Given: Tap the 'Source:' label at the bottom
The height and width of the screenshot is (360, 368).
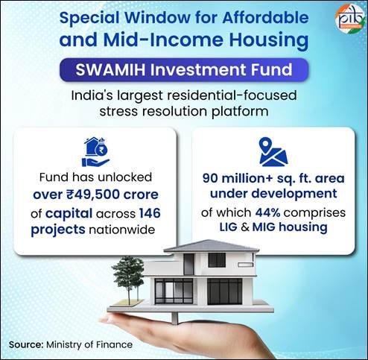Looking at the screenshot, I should point(28,344).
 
